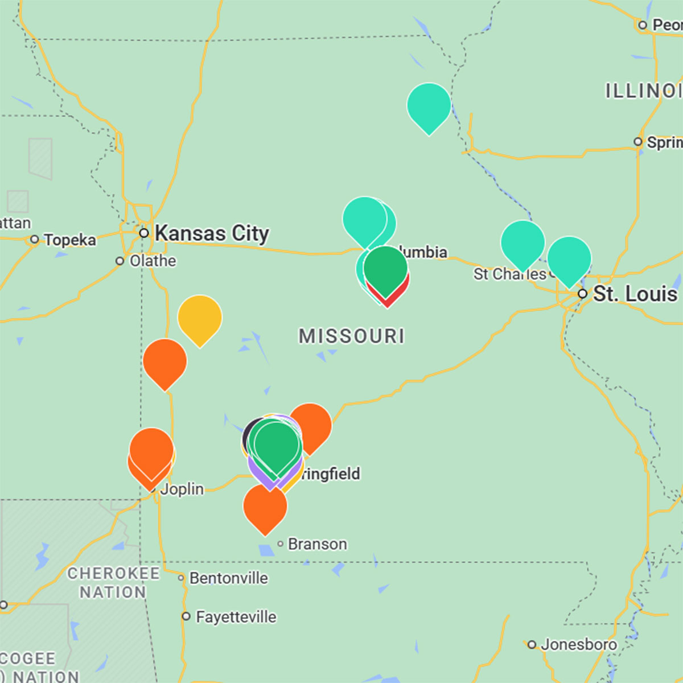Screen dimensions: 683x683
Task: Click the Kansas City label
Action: point(212,233)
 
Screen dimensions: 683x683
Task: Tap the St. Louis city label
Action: point(635,294)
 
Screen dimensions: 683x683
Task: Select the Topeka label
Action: point(70,240)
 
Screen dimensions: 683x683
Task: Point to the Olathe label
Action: point(153,261)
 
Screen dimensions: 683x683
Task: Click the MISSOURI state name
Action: point(352,336)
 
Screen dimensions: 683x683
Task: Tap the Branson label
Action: point(317,544)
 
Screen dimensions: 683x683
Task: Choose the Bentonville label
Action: point(228,578)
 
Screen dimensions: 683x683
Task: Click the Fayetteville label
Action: point(236,617)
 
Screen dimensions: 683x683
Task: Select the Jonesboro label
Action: point(578,644)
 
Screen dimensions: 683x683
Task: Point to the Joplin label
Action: point(182,489)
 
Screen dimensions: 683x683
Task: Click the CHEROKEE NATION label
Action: point(113,582)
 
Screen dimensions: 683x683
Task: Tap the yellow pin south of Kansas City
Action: point(200,317)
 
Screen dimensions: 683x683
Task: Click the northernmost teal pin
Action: point(429,105)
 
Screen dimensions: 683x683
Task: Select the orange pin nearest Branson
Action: point(265,505)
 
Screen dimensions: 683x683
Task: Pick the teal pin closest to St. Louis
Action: point(569,258)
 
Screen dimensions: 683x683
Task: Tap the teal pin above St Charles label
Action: point(522,242)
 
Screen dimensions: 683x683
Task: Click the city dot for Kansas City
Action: point(144,233)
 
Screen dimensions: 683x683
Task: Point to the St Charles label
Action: point(509,274)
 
